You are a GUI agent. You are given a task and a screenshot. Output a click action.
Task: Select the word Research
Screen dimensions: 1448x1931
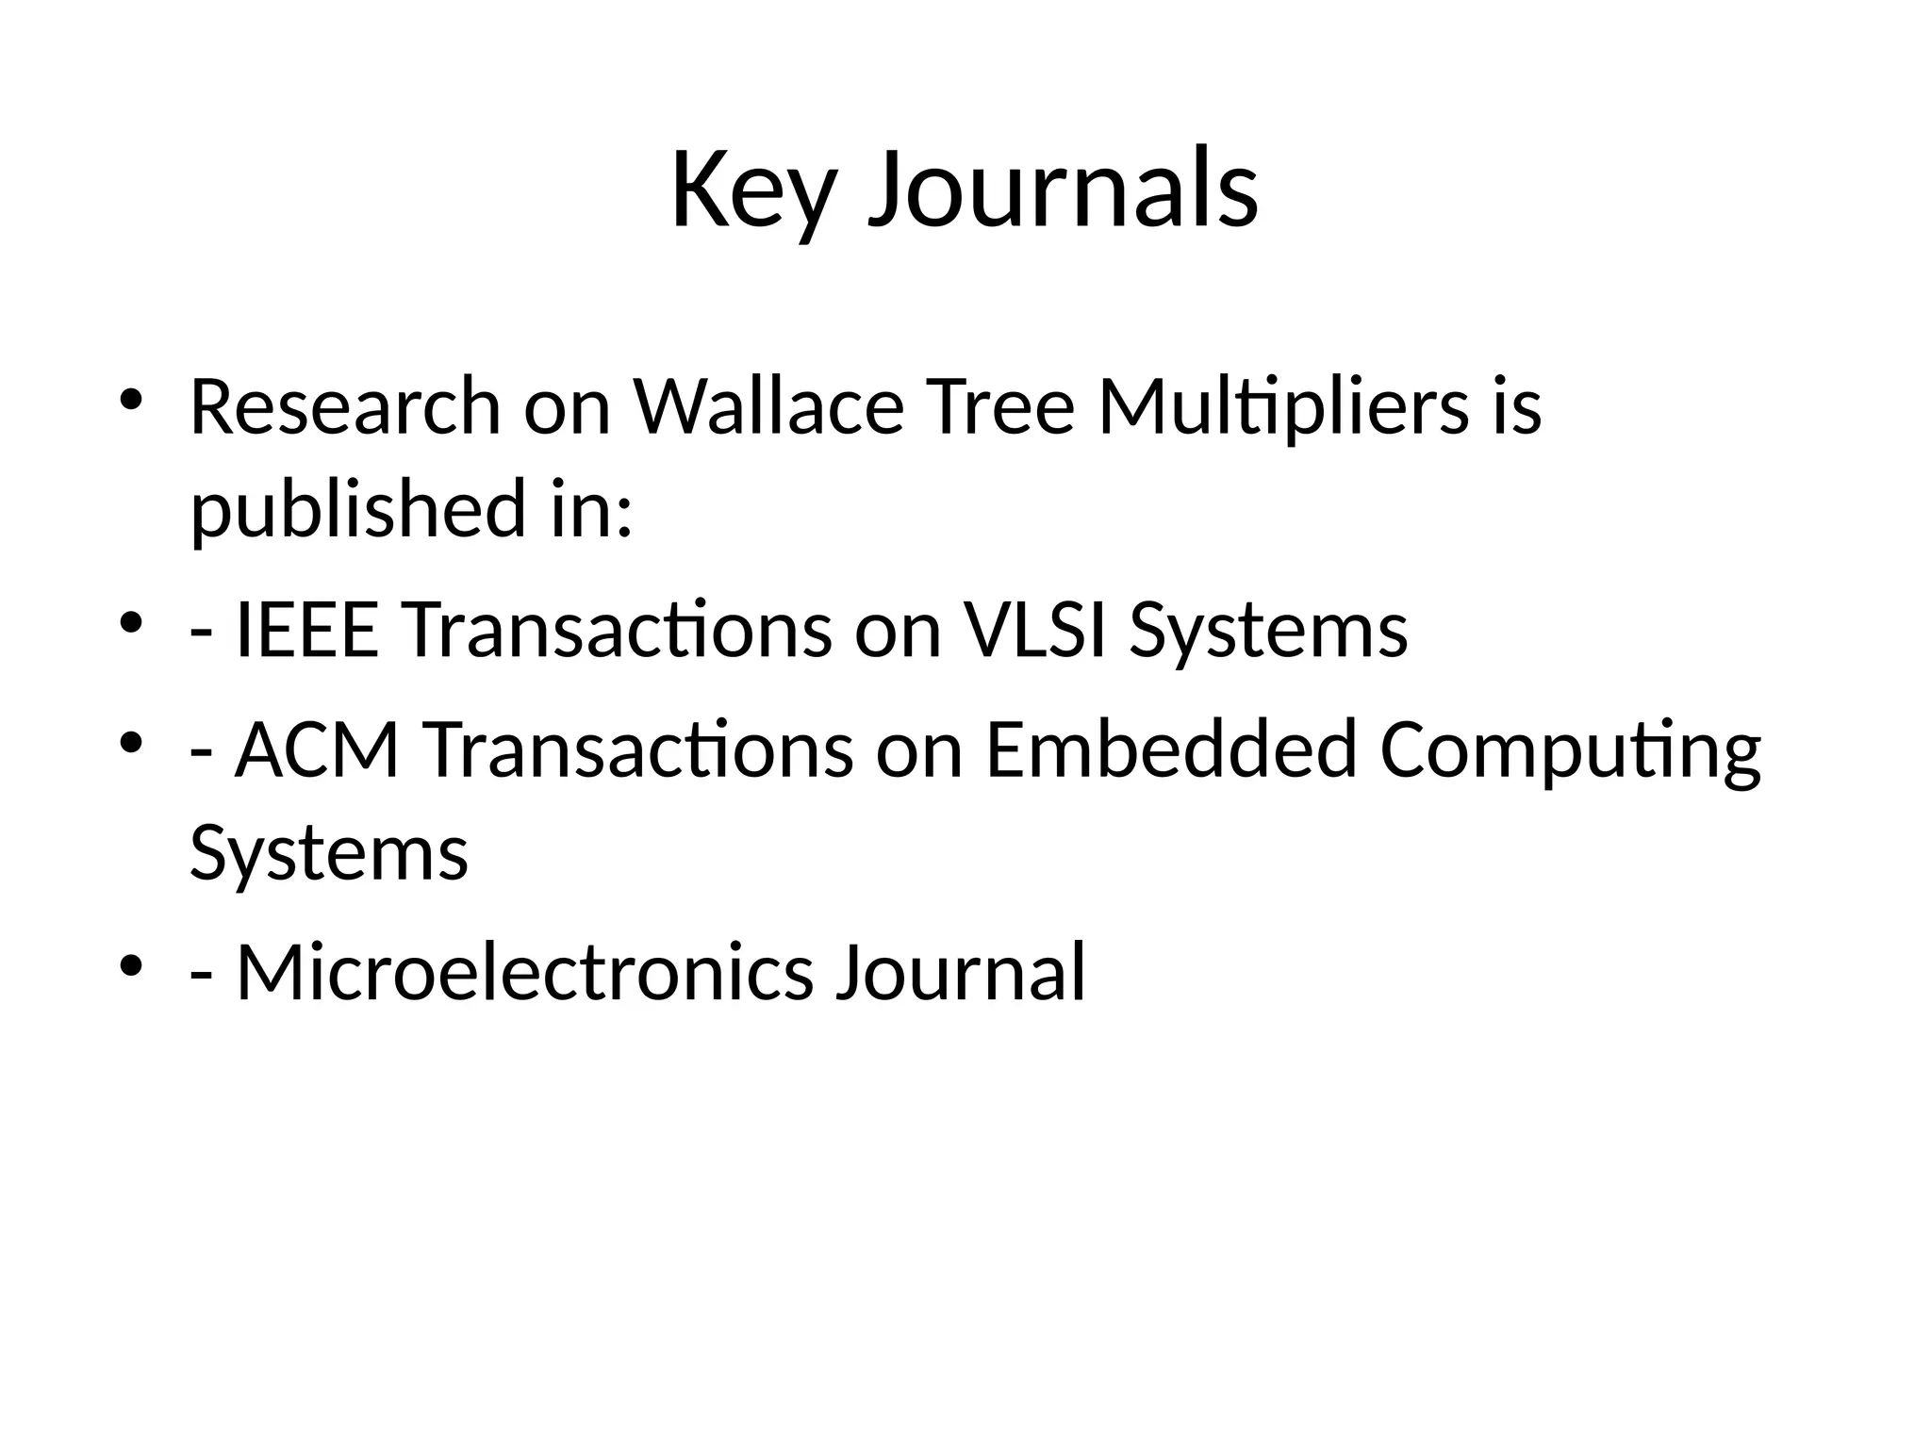tap(345, 407)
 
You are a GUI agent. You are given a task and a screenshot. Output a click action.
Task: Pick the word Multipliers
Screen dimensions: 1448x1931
tap(1283, 407)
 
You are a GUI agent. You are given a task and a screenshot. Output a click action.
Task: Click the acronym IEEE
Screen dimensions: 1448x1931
tap(307, 630)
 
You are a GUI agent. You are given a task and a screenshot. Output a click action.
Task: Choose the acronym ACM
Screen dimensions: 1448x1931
tap(318, 750)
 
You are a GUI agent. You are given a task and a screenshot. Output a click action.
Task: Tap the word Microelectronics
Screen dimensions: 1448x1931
tap(524, 973)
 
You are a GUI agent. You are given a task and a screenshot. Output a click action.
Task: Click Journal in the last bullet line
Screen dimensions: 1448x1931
tap(961, 973)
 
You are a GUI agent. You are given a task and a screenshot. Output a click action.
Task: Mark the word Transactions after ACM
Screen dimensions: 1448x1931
tap(640, 750)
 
